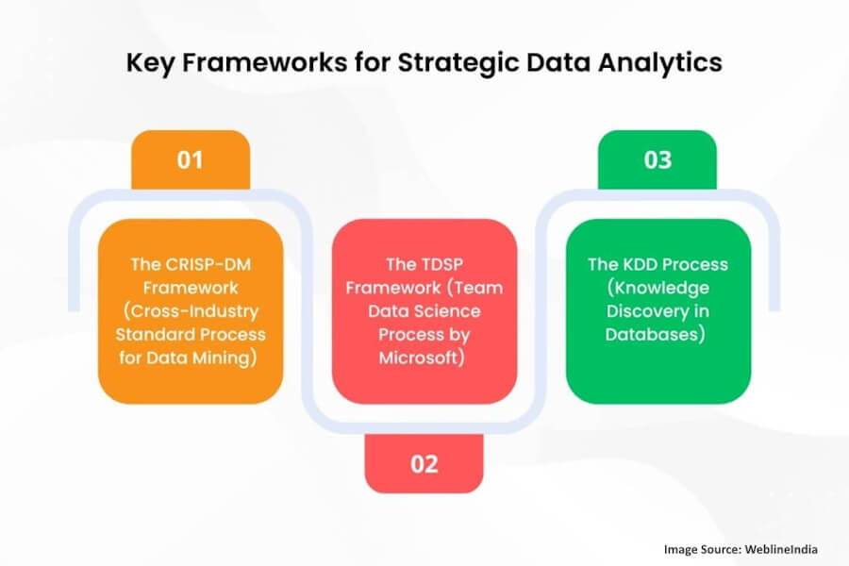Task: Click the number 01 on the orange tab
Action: click(x=190, y=159)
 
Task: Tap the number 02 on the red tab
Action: click(x=424, y=463)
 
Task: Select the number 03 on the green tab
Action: click(x=658, y=159)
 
